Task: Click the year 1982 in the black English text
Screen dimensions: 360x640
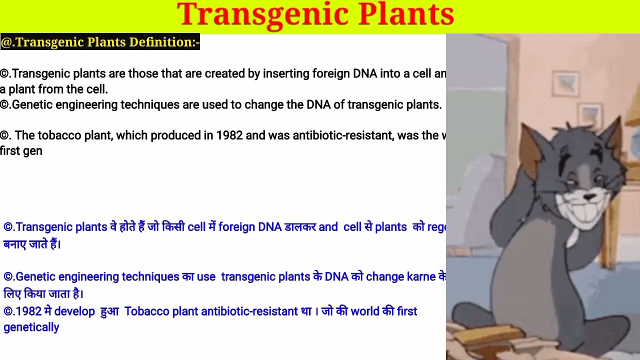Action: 229,136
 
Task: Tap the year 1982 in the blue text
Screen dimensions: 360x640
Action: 29,311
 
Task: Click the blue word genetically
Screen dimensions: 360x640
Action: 31,327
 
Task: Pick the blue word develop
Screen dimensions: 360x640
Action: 74,311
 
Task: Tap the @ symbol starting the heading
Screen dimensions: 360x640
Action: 6,42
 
